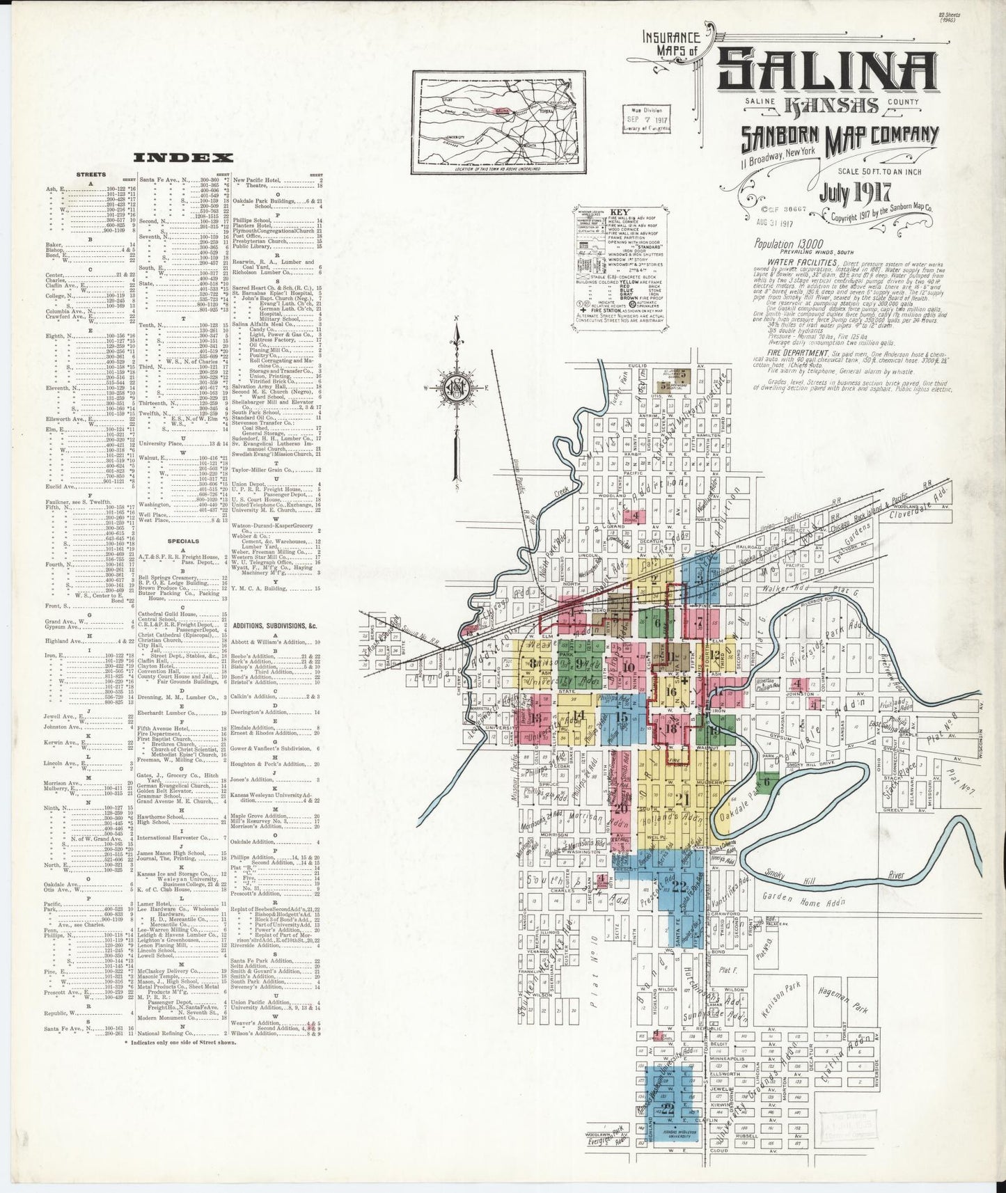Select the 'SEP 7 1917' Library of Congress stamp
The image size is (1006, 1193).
647,120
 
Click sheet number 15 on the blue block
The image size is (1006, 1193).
622,717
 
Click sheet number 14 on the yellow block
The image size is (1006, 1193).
579,715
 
